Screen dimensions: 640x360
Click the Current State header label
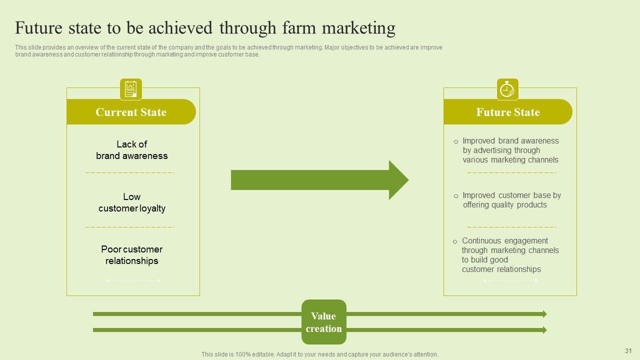(131, 112)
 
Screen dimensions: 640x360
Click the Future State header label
(508, 112)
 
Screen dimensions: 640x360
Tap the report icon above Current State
(131, 89)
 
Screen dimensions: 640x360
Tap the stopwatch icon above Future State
(507, 89)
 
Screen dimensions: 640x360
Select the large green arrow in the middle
(319, 180)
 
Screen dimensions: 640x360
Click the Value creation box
(324, 322)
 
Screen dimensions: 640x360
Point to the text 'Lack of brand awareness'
(132, 150)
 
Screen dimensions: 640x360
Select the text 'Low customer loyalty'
(132, 202)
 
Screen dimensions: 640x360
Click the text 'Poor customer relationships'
(132, 255)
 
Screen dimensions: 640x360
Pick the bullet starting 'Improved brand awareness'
(510, 150)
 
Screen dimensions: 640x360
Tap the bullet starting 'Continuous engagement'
(509, 255)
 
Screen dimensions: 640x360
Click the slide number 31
(628, 351)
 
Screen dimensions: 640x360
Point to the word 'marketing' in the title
(358, 28)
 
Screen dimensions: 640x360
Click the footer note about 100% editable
(320, 354)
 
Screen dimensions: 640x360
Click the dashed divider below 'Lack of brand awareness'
(130, 172)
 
